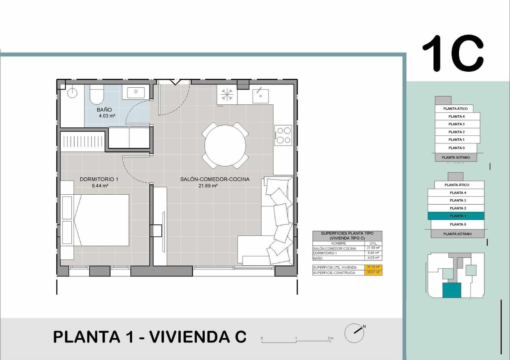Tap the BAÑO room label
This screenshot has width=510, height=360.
[x=104, y=110]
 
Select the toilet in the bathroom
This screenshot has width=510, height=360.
[x=97, y=94]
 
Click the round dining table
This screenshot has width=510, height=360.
[x=225, y=146]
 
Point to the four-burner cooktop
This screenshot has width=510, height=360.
[x=283, y=135]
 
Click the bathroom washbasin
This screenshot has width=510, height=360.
[x=136, y=92]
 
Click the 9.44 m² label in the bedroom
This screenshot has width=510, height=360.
[x=100, y=186]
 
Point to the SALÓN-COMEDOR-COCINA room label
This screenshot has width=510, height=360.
[x=215, y=179]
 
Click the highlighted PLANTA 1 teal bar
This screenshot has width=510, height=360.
[x=456, y=216]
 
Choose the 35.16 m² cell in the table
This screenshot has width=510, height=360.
[x=373, y=267]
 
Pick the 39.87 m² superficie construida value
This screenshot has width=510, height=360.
[x=373, y=272]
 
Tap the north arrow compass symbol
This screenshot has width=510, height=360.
[x=355, y=333]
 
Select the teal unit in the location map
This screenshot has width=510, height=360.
[x=452, y=290]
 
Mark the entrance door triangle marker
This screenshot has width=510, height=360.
[x=175, y=82]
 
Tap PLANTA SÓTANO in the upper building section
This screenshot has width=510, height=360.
[x=456, y=157]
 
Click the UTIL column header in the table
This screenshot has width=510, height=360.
[x=373, y=243]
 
